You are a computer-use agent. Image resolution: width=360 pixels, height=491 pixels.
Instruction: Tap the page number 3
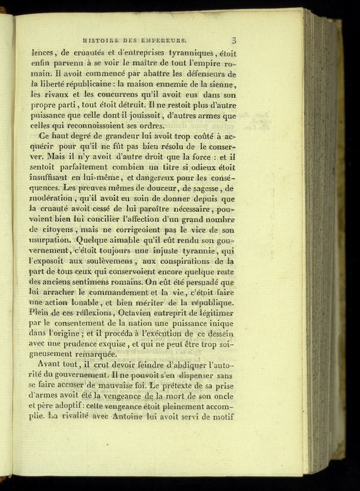[234, 40]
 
